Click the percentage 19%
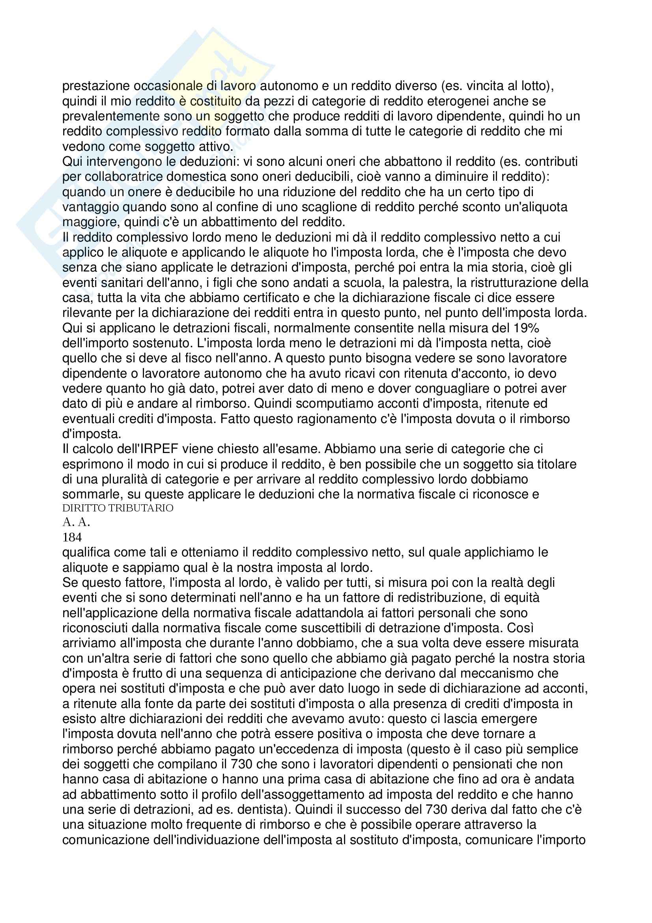525,328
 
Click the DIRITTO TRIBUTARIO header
118,508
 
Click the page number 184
72,537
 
